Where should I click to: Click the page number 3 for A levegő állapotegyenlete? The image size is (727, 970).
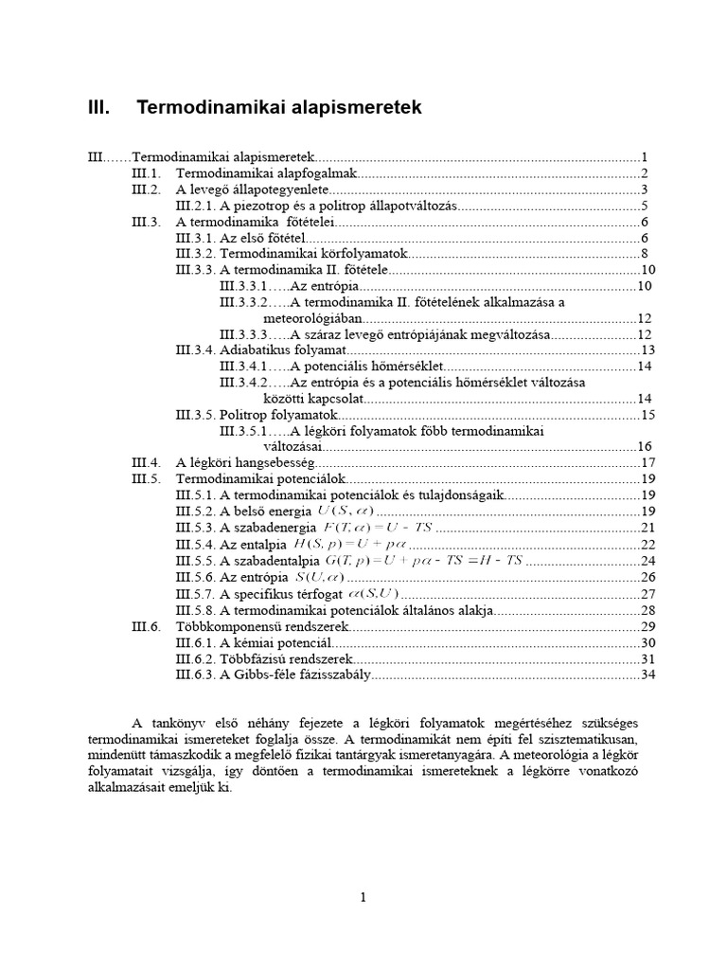[643, 189]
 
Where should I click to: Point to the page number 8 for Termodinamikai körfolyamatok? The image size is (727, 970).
[643, 254]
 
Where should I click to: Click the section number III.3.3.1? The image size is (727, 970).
[241, 286]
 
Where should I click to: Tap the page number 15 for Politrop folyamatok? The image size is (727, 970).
[647, 415]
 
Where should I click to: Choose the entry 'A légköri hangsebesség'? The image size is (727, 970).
[244, 463]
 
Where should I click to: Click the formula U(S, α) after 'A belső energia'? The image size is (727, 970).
[345, 512]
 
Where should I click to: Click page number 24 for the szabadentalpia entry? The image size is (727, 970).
[647, 560]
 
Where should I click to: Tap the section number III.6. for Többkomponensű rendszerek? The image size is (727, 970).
[147, 626]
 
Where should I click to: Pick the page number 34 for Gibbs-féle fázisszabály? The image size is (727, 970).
[647, 674]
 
